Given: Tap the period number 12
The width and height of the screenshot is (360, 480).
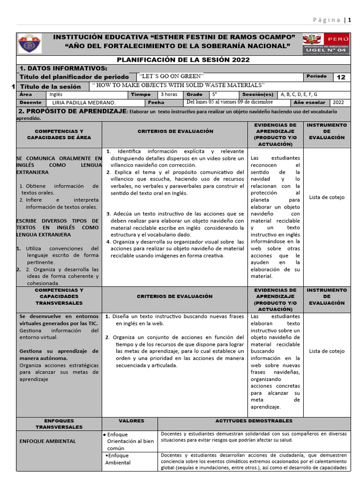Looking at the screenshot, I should pyautogui.click(x=341, y=77).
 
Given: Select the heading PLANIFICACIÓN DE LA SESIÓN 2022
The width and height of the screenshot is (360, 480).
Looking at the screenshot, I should pyautogui.click(x=183, y=60).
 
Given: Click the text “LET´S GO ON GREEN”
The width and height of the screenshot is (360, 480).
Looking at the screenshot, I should pyautogui.click(x=172, y=76).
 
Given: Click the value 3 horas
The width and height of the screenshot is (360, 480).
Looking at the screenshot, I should pyautogui.click(x=169, y=94).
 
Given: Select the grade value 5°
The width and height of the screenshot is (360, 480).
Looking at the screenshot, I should pyautogui.click(x=215, y=94).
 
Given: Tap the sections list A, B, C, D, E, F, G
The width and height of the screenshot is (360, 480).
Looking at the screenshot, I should pyautogui.click(x=299, y=94).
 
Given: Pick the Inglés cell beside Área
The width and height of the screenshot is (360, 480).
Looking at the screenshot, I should pyautogui.click(x=56, y=94).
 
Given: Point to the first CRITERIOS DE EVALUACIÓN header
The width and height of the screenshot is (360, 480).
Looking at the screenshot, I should pyautogui.click(x=175, y=132).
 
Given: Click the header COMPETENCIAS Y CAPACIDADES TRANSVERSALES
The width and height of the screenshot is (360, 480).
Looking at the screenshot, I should pyautogui.click(x=59, y=296).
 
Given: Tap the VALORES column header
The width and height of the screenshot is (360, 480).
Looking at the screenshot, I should pyautogui.click(x=131, y=421).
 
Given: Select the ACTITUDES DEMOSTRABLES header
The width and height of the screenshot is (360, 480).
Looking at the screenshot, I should pyautogui.click(x=254, y=421).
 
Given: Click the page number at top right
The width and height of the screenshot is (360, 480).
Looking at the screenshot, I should pyautogui.click(x=349, y=20).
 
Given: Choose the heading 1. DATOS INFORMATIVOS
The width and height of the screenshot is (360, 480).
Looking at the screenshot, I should pyautogui.click(x=63, y=68).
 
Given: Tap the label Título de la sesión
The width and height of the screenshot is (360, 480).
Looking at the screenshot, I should pyautogui.click(x=50, y=86).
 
